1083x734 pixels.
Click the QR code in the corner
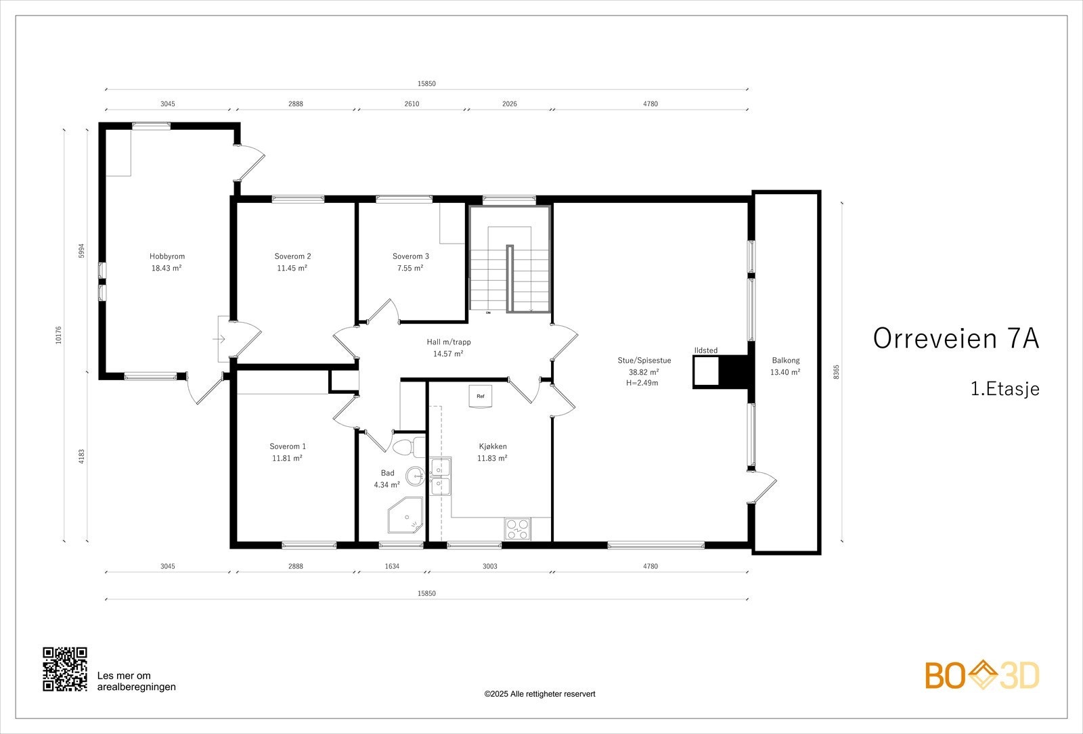[65, 669]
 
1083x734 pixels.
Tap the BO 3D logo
[982, 675]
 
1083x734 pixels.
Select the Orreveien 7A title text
[956, 338]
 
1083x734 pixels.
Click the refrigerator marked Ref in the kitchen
[481, 396]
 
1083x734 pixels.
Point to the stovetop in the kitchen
[517, 528]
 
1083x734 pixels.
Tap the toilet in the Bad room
[407, 447]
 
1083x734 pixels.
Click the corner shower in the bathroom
[405, 515]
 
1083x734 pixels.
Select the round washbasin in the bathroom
[415, 476]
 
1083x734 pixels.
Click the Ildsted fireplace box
[706, 371]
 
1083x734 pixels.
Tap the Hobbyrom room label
[167, 256]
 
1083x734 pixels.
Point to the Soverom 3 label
[410, 256]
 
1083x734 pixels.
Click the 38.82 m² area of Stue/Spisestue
[644, 372]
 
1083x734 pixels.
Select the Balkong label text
[786, 361]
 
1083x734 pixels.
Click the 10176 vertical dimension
[58, 335]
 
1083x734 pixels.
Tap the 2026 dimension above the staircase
[510, 104]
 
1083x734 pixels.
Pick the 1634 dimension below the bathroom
[392, 566]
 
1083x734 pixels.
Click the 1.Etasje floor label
[1005, 389]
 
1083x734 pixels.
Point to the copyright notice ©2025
[539, 694]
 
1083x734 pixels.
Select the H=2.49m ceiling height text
[642, 383]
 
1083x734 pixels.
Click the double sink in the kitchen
[441, 476]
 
